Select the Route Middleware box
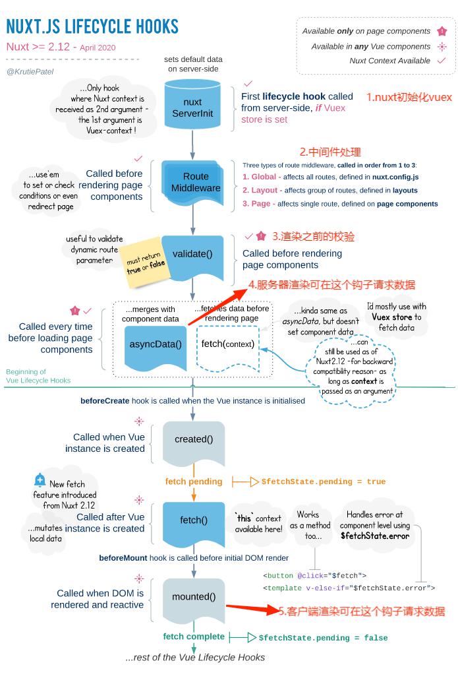pyautogui.click(x=194, y=183)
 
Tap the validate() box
pyautogui.click(x=192, y=257)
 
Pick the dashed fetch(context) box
pyautogui.click(x=227, y=347)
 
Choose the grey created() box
pyautogui.click(x=194, y=443)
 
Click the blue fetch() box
pyautogui.click(x=194, y=523)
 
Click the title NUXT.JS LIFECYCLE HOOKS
pyautogui.click(x=92, y=26)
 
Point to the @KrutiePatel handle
pyautogui.click(x=30, y=71)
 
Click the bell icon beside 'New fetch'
pyautogui.click(x=40, y=480)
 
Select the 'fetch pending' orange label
pyautogui.click(x=194, y=481)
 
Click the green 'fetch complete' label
pyautogui.click(x=194, y=637)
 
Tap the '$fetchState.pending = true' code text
pyautogui.click(x=324, y=482)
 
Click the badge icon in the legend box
pyautogui.click(x=442, y=31)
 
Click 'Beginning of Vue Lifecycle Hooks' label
pyautogui.click(x=38, y=376)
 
